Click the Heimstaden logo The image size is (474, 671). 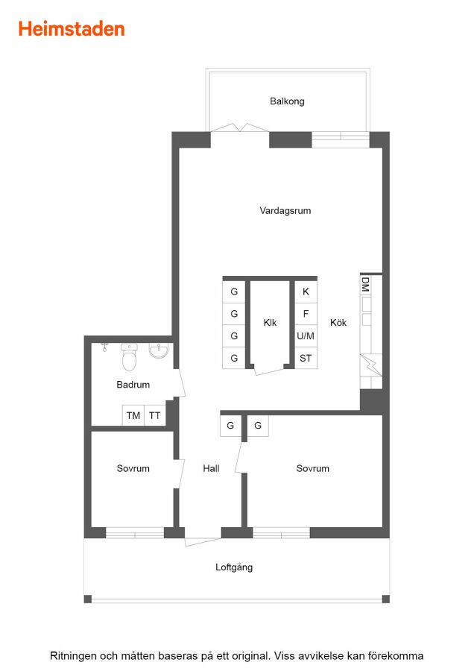pos(72,29)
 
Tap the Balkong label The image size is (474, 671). pos(287,101)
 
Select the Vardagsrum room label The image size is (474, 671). pos(285,210)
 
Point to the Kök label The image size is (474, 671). pos(338,323)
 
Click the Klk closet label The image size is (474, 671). pos(270,323)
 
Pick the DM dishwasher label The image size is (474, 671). pos(365,284)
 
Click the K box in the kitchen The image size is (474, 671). pos(306,292)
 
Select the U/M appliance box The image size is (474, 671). pos(306,336)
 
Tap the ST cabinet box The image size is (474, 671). pos(306,358)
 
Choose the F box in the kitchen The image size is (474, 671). pos(306,314)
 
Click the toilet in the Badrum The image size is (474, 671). pos(129,356)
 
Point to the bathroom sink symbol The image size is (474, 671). pos(159,350)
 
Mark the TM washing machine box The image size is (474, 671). pos(133,415)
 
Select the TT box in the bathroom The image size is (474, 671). pos(155,415)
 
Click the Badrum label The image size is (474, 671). pos(133,385)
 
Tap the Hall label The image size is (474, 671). pos(212,469)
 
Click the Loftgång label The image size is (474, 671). pos(234,567)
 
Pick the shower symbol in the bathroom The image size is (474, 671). pos(105,347)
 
